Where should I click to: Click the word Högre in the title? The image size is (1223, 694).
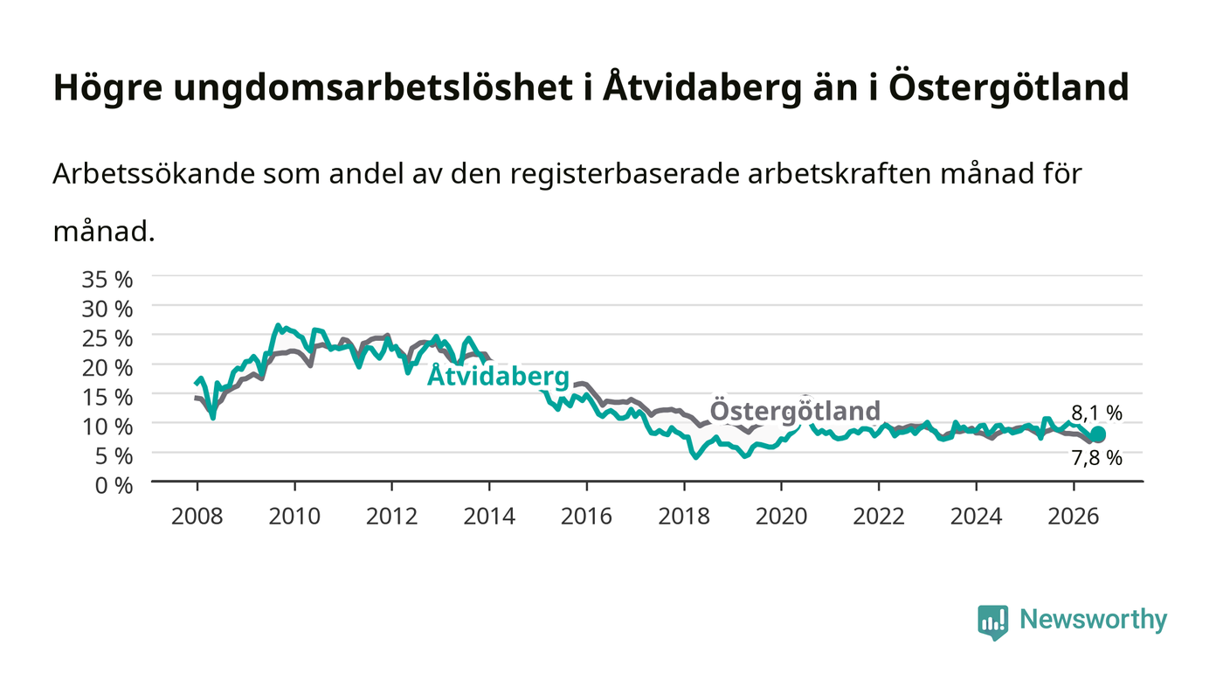click(108, 88)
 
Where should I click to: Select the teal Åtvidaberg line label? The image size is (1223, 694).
click(498, 376)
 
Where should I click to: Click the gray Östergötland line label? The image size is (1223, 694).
click(795, 410)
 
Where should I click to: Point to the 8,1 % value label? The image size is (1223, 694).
click(1097, 412)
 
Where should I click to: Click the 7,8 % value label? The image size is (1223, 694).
click(1097, 458)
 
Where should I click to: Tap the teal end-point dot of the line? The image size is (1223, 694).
click(1097, 434)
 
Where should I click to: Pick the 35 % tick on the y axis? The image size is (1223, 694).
click(107, 280)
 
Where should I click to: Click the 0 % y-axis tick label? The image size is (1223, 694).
click(114, 485)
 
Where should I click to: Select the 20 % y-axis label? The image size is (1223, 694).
click(107, 368)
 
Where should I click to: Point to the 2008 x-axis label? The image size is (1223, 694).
click(197, 517)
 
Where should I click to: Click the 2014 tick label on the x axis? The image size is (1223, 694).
click(489, 517)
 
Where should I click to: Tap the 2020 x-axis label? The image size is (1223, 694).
click(781, 517)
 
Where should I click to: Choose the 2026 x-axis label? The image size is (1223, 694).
click(1074, 517)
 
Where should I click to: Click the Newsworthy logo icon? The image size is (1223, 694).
click(992, 622)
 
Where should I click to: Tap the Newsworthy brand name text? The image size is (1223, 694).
click(1093, 620)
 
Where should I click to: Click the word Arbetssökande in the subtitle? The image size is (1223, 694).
click(154, 174)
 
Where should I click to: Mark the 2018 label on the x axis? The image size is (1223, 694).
click(684, 517)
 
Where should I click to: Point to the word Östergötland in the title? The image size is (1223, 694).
click(1008, 87)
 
